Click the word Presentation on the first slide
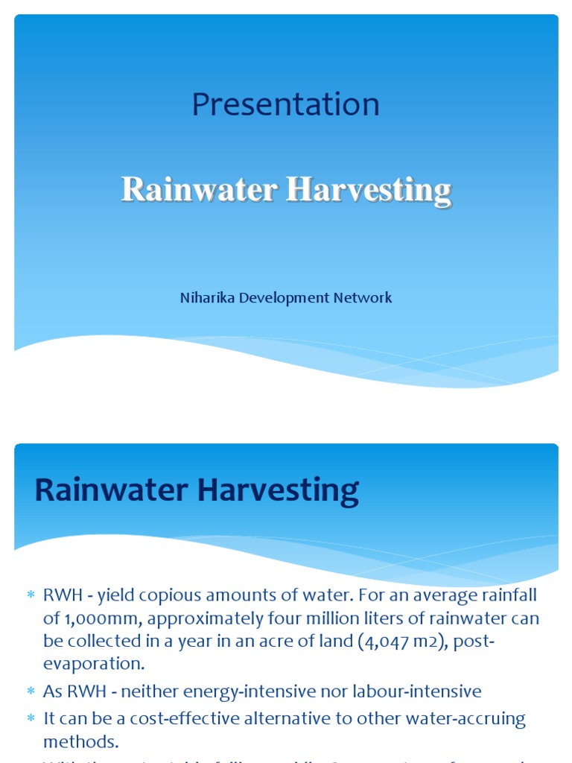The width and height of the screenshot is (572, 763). click(285, 104)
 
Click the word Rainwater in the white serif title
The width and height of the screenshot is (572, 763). click(199, 189)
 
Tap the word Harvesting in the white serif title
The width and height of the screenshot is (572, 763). click(369, 191)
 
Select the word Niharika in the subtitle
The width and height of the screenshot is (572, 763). click(205, 298)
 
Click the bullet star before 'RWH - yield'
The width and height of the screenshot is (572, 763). click(31, 595)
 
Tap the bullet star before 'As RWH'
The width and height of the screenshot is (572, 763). click(31, 692)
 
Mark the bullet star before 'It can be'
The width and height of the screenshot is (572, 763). click(31, 720)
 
